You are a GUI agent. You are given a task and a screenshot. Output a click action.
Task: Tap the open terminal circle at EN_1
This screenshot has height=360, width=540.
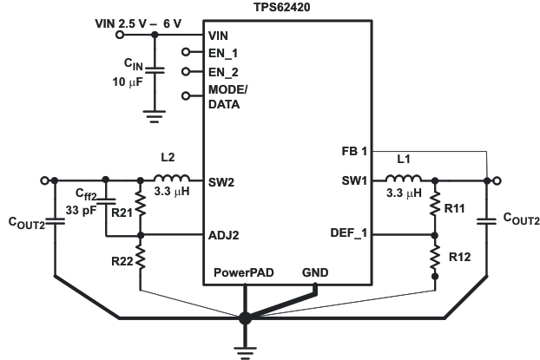coord(186,51)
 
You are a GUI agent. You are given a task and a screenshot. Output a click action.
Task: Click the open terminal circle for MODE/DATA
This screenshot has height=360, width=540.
coord(186,96)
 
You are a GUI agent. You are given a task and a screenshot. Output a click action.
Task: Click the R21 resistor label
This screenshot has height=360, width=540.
coord(122,210)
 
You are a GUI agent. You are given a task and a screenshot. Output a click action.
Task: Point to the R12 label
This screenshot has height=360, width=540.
coord(460,257)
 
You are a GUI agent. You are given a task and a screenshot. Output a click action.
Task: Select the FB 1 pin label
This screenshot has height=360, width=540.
coord(355,151)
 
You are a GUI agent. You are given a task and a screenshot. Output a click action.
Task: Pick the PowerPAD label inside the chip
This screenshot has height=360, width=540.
coord(244,272)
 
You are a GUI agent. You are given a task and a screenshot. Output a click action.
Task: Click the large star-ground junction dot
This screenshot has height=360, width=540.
coord(245,318)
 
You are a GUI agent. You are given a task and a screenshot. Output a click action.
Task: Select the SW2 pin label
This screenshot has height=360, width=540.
coord(221,183)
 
